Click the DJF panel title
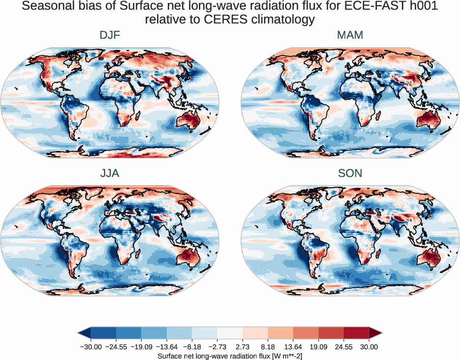click(x=110, y=35)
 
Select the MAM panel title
click(x=350, y=35)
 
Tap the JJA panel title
click(x=110, y=173)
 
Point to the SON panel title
click(x=350, y=173)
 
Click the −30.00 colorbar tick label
click(x=90, y=347)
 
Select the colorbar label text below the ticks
click(x=230, y=355)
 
